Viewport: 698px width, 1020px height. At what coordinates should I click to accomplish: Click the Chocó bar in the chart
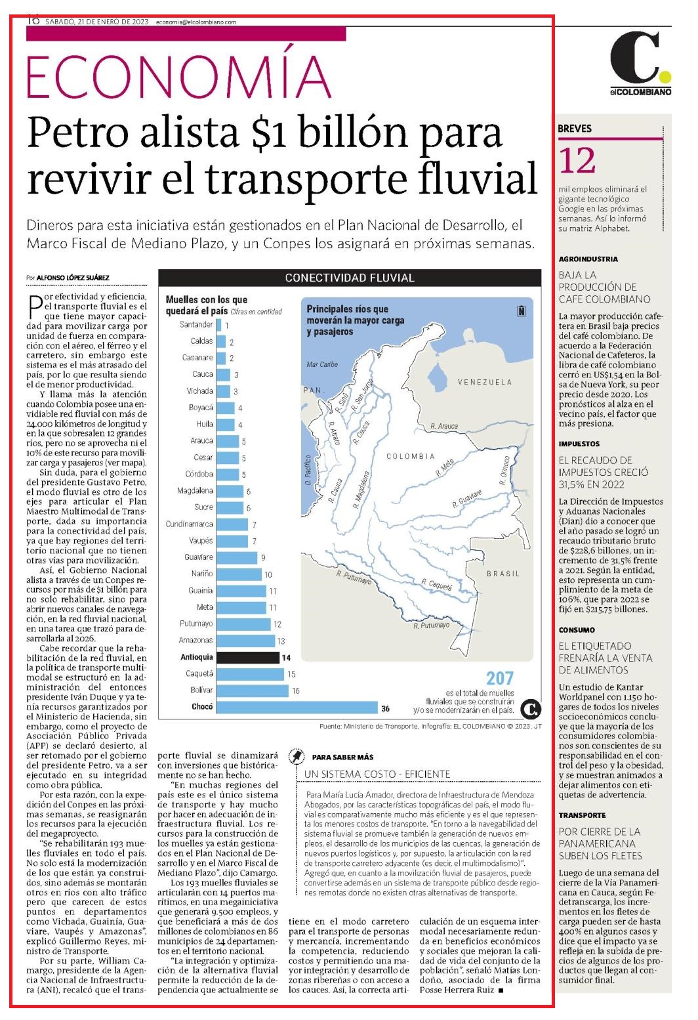pyautogui.click(x=297, y=707)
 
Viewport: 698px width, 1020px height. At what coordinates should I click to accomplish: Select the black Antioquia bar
pyautogui.click(x=247, y=658)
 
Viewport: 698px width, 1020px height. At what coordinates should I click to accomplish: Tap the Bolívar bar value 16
pyautogui.click(x=296, y=691)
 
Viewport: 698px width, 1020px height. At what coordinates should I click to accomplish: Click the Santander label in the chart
pyautogui.click(x=196, y=324)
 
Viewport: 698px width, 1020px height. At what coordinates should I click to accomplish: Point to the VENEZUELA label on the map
pyautogui.click(x=485, y=382)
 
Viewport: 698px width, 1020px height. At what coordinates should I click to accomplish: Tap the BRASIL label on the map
pyautogui.click(x=503, y=574)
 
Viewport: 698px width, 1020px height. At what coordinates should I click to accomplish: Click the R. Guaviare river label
pyautogui.click(x=467, y=499)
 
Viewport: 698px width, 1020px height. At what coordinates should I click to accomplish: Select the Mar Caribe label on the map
pyautogui.click(x=322, y=364)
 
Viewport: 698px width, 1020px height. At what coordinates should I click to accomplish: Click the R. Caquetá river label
pyautogui.click(x=437, y=584)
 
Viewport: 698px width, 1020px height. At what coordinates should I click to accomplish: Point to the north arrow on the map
pyautogui.click(x=521, y=311)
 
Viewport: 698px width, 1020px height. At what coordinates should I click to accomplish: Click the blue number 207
pyautogui.click(x=500, y=678)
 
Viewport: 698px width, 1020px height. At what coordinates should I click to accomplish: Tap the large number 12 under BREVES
pyautogui.click(x=577, y=161)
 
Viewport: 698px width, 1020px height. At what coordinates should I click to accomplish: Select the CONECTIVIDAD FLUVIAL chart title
pyautogui.click(x=350, y=278)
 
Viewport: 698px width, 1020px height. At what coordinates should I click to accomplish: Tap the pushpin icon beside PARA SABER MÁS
pyautogui.click(x=297, y=756)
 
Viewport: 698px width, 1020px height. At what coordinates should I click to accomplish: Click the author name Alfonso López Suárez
pyautogui.click(x=73, y=278)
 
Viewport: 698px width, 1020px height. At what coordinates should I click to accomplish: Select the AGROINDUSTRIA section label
pyautogui.click(x=588, y=259)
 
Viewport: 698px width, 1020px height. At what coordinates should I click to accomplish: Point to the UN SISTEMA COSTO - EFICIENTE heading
pyautogui.click(x=377, y=774)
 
